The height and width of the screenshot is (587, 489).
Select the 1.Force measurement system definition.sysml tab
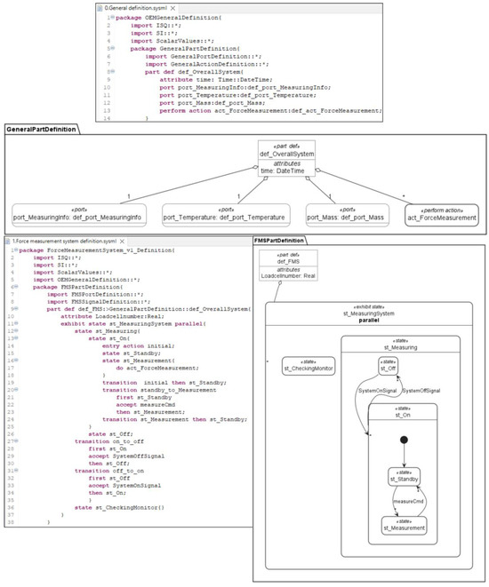point(59,241)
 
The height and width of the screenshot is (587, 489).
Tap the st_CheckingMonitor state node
point(308,368)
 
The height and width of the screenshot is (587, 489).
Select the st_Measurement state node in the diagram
point(404,526)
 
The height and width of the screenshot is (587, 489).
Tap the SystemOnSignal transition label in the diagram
point(376,391)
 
